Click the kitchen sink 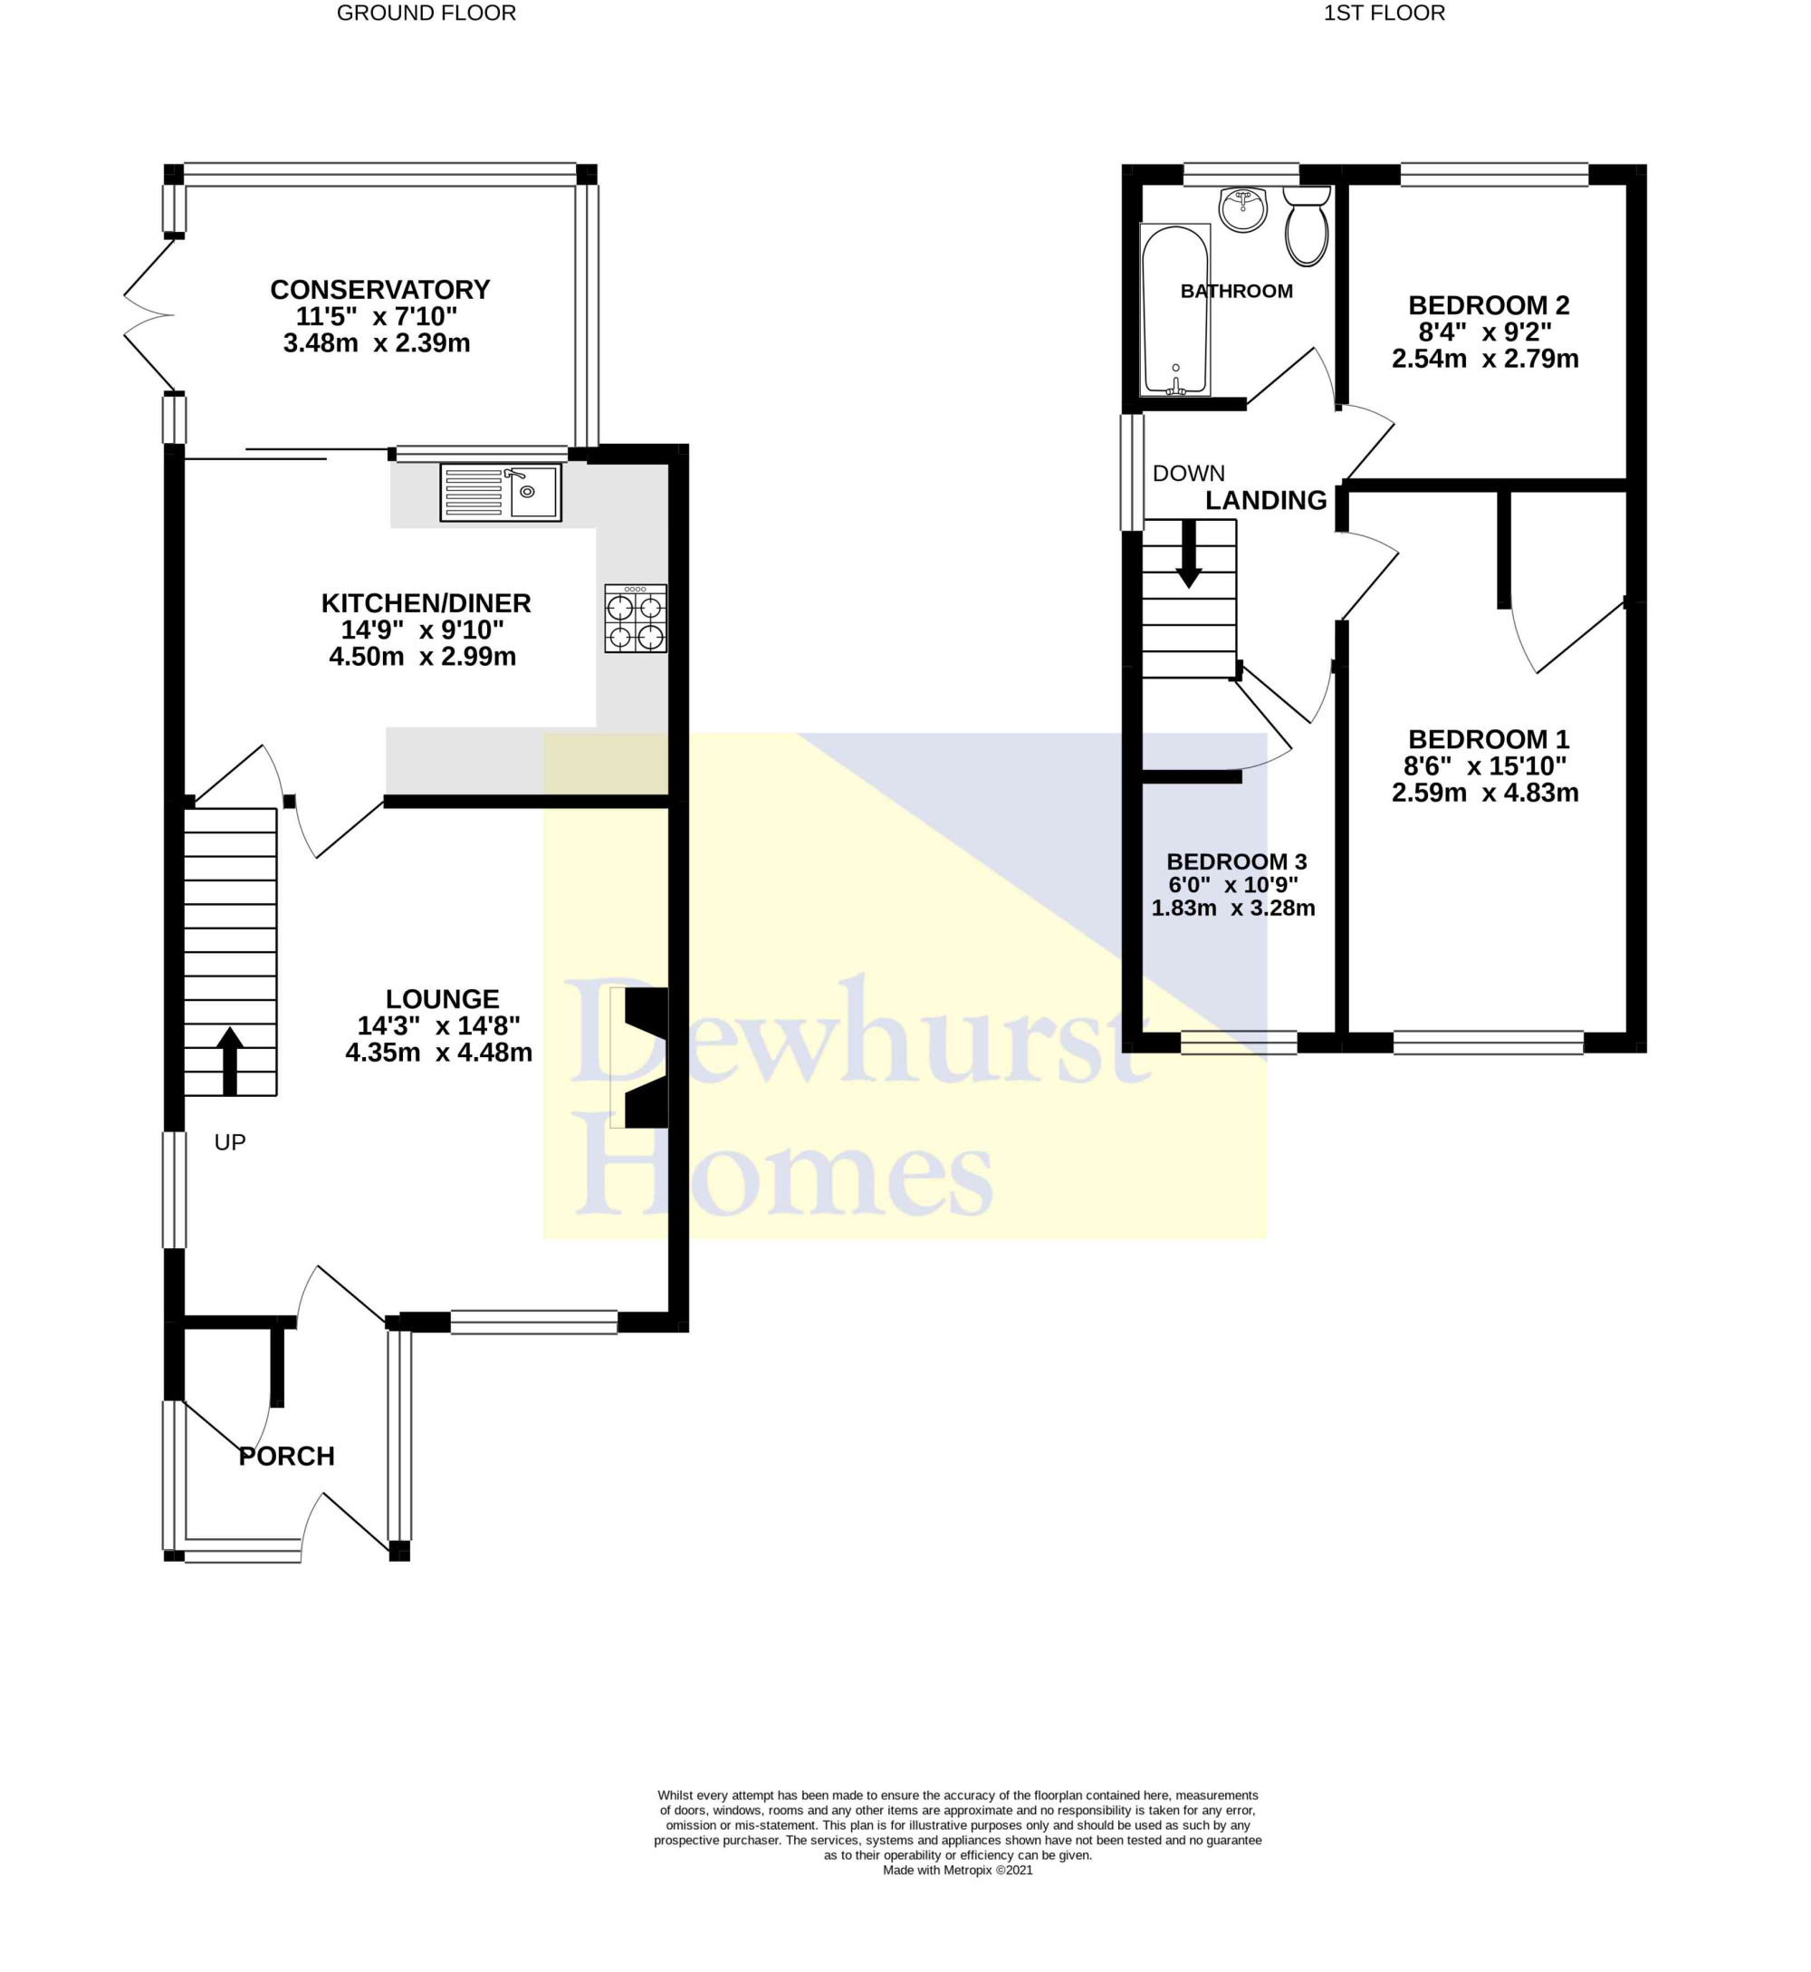pyautogui.click(x=501, y=492)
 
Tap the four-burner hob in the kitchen pyautogui.click(x=636, y=619)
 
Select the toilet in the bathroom pyautogui.click(x=1307, y=226)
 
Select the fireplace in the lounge pyautogui.click(x=640, y=1057)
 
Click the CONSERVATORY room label pyautogui.click(x=380, y=290)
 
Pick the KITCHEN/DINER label pyautogui.click(x=426, y=602)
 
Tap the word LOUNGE pyautogui.click(x=443, y=999)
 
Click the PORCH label pyautogui.click(x=287, y=1457)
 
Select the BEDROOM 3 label pyautogui.click(x=1237, y=861)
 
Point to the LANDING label pyautogui.click(x=1266, y=500)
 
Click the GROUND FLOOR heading pyautogui.click(x=426, y=13)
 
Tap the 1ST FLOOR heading pyautogui.click(x=1385, y=13)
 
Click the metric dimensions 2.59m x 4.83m pyautogui.click(x=1486, y=792)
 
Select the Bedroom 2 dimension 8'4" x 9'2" pyautogui.click(x=1486, y=332)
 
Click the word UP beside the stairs pyautogui.click(x=230, y=1142)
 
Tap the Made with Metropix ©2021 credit pyautogui.click(x=958, y=1870)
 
